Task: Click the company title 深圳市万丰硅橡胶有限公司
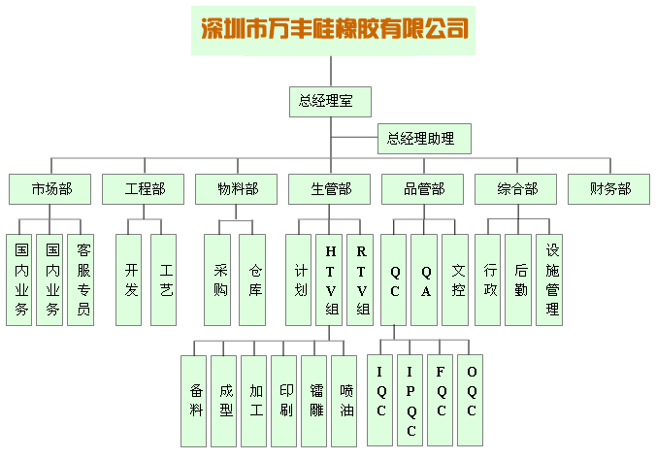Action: coord(334,27)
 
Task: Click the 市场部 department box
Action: coord(51,189)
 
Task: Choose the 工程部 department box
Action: coord(145,189)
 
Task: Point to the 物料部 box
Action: coord(238,189)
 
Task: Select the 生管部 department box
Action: coord(331,189)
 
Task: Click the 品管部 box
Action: coord(424,189)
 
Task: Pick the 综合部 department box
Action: coord(517,189)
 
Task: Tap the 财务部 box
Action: coord(610,189)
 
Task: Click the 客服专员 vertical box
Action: coord(82,279)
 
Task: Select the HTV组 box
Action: coord(331,279)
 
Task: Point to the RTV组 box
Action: coord(361,279)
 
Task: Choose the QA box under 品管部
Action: coord(425,279)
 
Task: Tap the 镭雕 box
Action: coord(315,400)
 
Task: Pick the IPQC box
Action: coord(410,400)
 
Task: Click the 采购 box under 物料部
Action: coord(220,279)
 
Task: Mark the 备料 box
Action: coord(195,400)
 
